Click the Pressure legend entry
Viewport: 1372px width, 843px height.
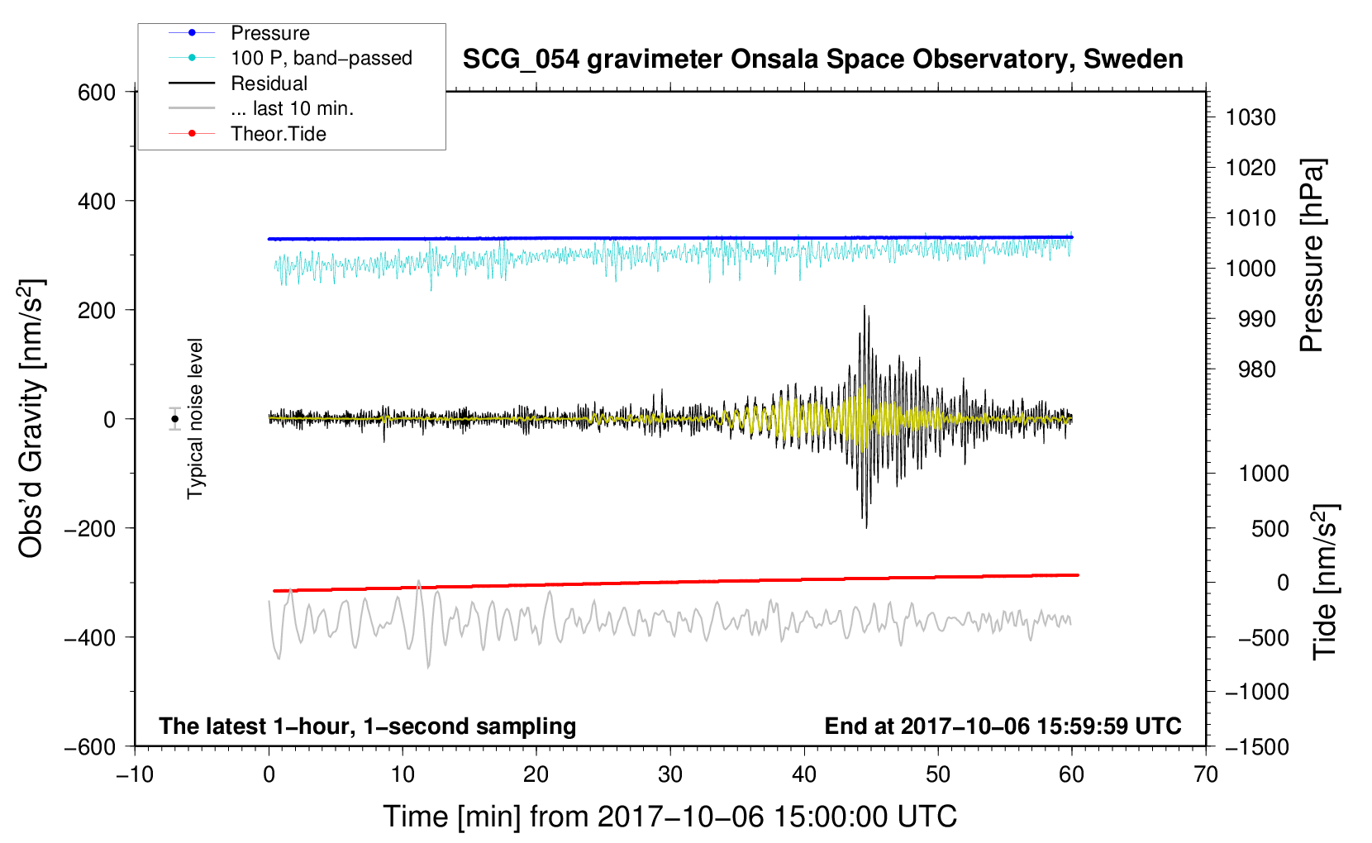[x=270, y=33]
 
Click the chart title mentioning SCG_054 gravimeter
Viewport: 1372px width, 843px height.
[x=822, y=59]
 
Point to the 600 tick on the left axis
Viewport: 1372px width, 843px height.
[x=97, y=93]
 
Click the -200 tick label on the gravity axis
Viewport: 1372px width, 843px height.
[x=90, y=528]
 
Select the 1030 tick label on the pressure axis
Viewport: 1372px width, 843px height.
[x=1251, y=117]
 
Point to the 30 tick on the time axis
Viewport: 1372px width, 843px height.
[x=670, y=775]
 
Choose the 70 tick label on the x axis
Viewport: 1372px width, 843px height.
[x=1205, y=775]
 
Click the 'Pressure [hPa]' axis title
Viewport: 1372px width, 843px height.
[x=1312, y=255]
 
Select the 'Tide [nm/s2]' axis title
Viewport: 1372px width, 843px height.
[x=1325, y=582]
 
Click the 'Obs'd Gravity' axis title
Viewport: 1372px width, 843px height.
[x=31, y=418]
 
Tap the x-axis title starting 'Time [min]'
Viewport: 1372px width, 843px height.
[x=670, y=817]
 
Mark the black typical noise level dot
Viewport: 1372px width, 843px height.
[x=174, y=419]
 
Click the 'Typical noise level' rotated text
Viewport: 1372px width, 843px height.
[x=195, y=419]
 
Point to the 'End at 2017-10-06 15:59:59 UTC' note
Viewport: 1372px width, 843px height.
[x=1003, y=726]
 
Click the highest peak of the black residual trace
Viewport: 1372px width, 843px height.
[x=865, y=306]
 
